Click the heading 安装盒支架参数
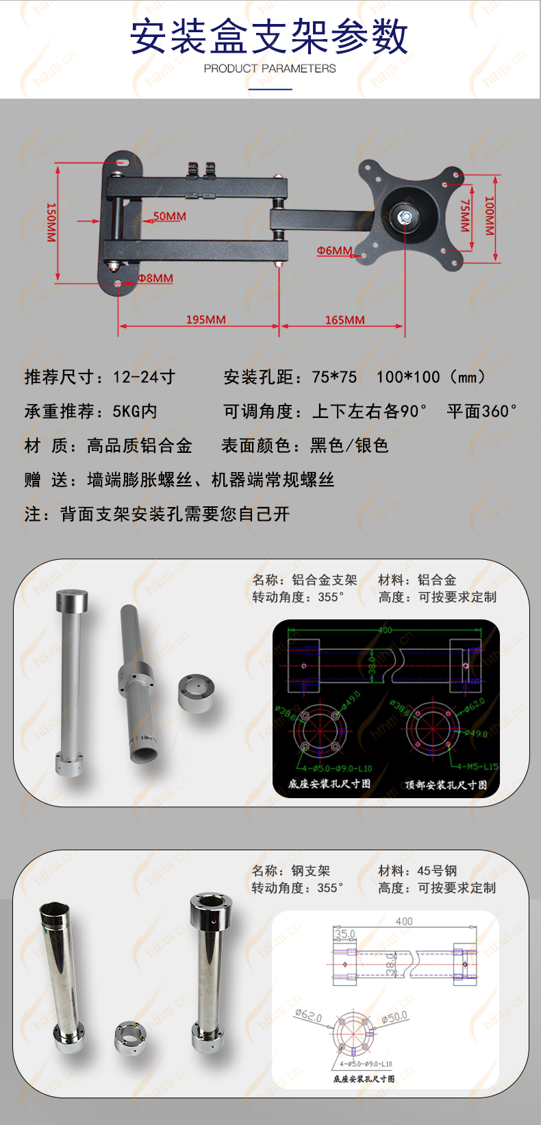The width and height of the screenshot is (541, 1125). coord(270,37)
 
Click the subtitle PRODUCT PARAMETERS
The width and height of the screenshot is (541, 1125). coord(270,69)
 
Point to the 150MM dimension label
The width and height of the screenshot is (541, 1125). coord(51,222)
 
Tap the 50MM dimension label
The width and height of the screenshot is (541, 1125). coord(169,217)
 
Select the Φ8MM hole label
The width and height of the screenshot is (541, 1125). coord(155,278)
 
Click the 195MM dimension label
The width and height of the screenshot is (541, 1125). coord(205,320)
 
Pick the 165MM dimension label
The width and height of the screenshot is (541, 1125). coord(344,320)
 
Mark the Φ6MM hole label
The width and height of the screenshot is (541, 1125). coord(334,251)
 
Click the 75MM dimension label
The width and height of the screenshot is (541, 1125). coord(465,215)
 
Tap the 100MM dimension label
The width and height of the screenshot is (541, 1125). coord(489,216)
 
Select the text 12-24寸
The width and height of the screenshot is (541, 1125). coord(144,377)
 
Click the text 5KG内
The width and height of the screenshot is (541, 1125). coord(135,411)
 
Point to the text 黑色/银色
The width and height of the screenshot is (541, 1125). coord(349,445)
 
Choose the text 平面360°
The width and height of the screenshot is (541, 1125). coord(482,411)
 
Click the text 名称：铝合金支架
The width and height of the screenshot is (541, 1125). coord(305,580)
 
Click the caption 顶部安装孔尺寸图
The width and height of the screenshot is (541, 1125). coord(446,784)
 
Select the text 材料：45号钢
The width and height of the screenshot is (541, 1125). coord(417,871)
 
